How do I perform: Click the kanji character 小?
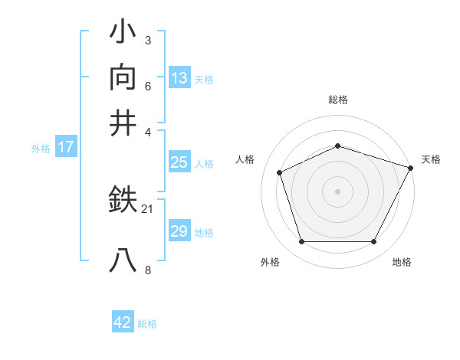[123, 32]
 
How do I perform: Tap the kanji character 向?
[123, 77]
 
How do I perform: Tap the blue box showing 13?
[179, 78]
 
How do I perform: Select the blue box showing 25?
[179, 162]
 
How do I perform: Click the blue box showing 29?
[179, 231]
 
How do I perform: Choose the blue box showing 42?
[123, 322]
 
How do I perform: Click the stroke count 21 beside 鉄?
[148, 208]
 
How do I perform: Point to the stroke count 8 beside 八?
[148, 270]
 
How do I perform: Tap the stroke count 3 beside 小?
[148, 40]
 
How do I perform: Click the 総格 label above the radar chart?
[338, 100]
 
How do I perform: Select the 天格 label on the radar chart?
[432, 159]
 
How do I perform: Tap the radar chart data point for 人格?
[280, 172]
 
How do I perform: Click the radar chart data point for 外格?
[301, 242]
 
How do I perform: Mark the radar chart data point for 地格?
[374, 242]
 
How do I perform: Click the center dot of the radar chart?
[338, 191]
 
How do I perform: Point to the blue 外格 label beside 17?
[41, 149]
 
